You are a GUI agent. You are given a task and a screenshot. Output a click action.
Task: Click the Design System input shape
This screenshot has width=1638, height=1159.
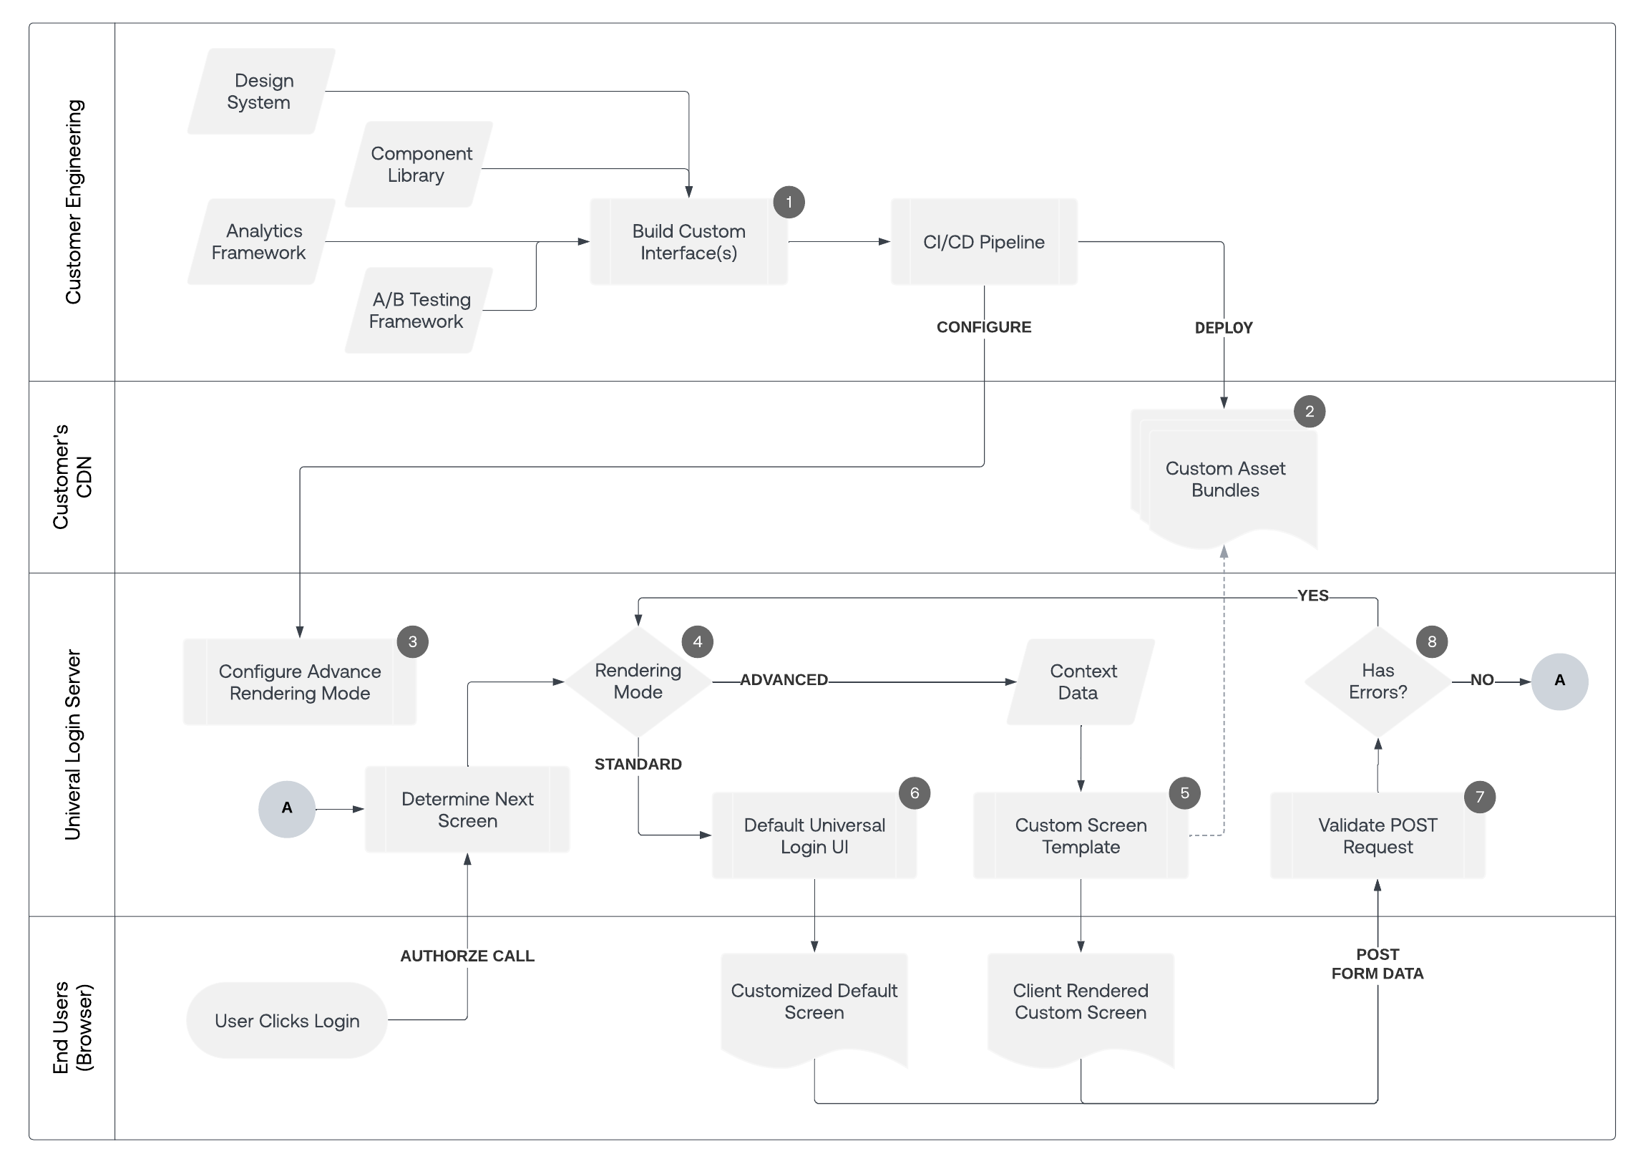(261, 92)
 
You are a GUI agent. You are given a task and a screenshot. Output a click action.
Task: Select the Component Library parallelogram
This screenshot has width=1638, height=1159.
(419, 165)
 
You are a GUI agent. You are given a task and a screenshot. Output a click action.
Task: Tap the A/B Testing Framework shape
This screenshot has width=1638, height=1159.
(419, 311)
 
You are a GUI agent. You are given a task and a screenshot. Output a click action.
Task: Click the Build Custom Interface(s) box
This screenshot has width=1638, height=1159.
(688, 242)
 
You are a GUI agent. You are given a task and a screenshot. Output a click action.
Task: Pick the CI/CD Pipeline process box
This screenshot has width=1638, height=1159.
(983, 242)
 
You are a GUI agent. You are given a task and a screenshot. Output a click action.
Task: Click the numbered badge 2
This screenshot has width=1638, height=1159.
(1310, 412)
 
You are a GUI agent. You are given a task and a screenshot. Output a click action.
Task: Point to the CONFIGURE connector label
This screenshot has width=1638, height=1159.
(984, 327)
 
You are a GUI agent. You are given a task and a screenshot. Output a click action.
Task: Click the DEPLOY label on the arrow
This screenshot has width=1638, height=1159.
(1224, 328)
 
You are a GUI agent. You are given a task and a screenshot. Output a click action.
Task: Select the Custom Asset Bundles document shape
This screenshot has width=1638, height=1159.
(1225, 480)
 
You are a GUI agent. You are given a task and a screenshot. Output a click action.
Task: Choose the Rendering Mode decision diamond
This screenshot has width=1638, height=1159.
(638, 682)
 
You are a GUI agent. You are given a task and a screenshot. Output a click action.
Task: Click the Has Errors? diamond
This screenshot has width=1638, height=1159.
(1378, 682)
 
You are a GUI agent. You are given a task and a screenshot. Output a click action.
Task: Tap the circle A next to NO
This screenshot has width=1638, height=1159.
(1559, 682)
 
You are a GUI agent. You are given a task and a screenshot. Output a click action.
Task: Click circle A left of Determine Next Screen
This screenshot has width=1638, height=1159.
(287, 809)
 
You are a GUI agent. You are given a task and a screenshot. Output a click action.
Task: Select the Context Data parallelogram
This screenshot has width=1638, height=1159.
(1081, 682)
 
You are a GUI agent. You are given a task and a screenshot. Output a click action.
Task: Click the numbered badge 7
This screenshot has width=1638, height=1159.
(1480, 797)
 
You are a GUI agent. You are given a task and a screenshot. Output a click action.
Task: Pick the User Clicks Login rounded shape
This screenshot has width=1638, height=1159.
(287, 1021)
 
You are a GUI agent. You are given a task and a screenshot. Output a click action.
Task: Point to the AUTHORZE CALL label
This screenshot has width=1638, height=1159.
(467, 956)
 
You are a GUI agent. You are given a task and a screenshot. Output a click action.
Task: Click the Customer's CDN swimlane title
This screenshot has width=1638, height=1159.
(72, 477)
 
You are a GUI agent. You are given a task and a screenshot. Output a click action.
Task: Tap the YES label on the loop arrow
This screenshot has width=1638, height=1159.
(1312, 596)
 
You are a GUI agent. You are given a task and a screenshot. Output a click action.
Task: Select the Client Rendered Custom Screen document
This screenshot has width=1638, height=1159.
(1081, 1002)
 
